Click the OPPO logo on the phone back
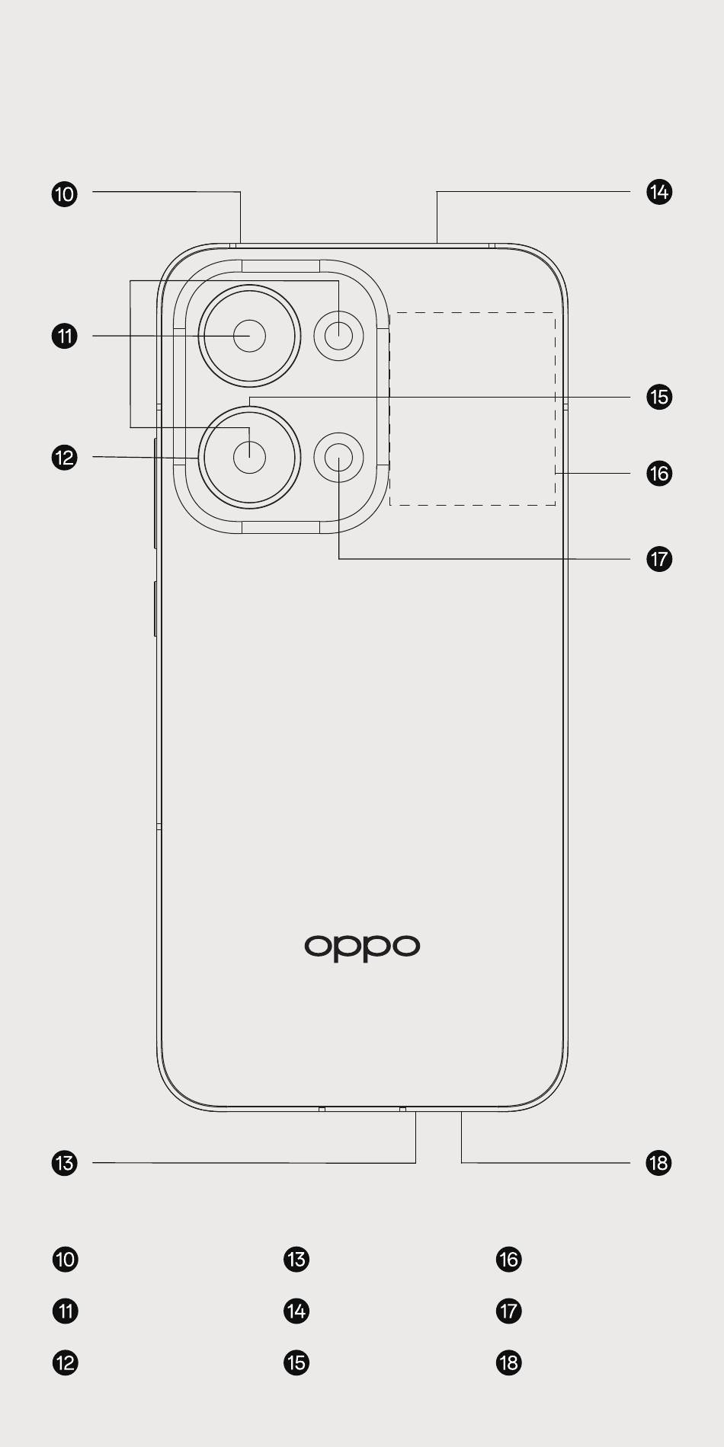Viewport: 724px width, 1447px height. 362,947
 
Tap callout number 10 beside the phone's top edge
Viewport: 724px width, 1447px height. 65,193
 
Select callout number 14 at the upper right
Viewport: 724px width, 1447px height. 659,192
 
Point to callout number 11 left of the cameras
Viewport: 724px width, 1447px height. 65,336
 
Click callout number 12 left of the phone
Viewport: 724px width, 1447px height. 65,458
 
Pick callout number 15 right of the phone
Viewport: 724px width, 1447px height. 659,397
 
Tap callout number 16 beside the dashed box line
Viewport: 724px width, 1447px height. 659,474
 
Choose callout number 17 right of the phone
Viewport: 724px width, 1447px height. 659,559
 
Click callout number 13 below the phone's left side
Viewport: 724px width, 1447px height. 65,1163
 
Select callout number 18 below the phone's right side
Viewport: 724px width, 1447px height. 659,1163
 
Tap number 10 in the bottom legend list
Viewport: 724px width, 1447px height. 66,1259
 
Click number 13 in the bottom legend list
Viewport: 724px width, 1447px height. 296,1259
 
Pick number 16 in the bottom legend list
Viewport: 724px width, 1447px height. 508,1259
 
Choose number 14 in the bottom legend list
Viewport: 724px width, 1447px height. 296,1311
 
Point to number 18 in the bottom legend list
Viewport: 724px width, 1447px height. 508,1362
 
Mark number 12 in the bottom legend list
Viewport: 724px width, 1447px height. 66,1362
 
